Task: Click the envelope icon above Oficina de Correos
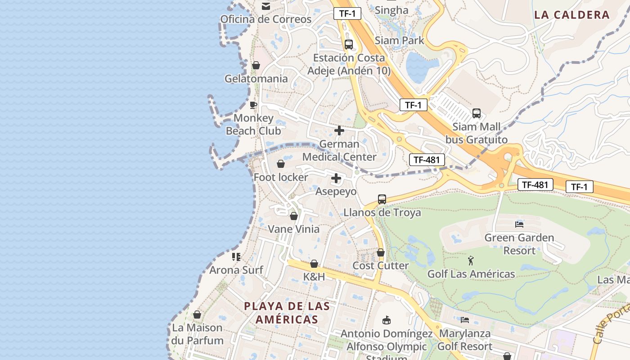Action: tap(265, 6)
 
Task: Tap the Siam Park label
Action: tap(399, 40)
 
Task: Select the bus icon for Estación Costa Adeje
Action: tap(348, 45)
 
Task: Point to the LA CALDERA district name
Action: tap(571, 15)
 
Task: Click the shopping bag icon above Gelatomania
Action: tap(256, 66)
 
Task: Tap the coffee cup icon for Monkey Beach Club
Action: tap(253, 105)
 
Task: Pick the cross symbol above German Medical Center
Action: tap(339, 131)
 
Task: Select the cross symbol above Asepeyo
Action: tap(336, 179)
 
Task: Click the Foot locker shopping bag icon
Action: tap(281, 164)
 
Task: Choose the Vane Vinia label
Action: tap(294, 229)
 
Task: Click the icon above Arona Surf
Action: tap(236, 257)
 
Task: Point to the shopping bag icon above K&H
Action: tap(314, 264)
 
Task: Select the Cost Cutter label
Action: tap(381, 265)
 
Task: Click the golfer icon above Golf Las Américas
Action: tap(471, 261)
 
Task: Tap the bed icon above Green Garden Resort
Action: tap(519, 224)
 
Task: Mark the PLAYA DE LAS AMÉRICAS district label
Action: tap(287, 313)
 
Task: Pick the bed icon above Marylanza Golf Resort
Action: tap(465, 320)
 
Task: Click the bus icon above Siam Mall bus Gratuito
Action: tap(477, 113)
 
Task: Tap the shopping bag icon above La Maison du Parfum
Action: tap(197, 315)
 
